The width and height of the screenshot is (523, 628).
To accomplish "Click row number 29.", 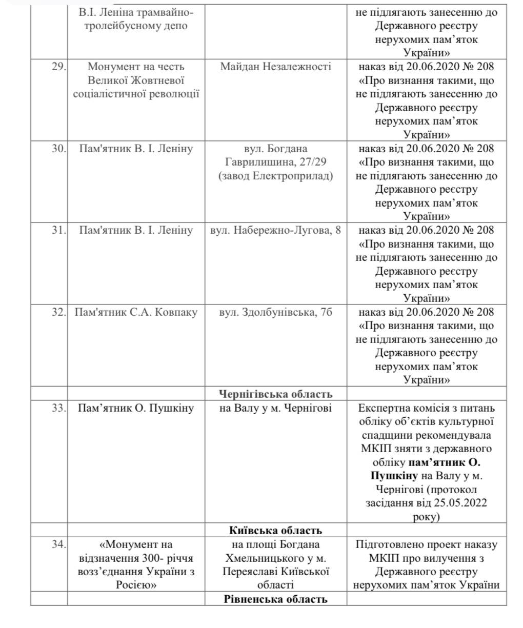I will (x=57, y=67).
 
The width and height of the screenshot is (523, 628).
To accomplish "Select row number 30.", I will (x=57, y=149).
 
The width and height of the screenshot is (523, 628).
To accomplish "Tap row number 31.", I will (x=57, y=231).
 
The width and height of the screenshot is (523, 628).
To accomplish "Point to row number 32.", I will (x=57, y=312).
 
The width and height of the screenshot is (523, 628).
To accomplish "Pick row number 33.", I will (x=57, y=409).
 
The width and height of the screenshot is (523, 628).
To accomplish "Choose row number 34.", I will (x=57, y=544).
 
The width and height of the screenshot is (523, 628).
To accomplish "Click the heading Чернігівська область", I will (x=275, y=394).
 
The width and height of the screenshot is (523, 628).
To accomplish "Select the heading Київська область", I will (x=275, y=531).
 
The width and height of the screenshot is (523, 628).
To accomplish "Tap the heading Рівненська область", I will (x=275, y=599).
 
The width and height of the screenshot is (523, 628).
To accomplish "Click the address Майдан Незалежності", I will (x=275, y=67).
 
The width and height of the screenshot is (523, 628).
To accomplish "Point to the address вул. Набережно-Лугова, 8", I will (x=275, y=231).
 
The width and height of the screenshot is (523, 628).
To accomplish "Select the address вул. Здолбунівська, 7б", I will (x=275, y=312).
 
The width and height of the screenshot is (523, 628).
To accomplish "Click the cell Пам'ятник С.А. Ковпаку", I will (x=136, y=312).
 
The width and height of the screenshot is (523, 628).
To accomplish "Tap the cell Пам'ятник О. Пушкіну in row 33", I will (x=136, y=409).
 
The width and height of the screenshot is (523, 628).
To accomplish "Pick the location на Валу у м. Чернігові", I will (x=275, y=409).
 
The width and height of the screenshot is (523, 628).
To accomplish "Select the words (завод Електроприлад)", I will (x=275, y=176).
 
